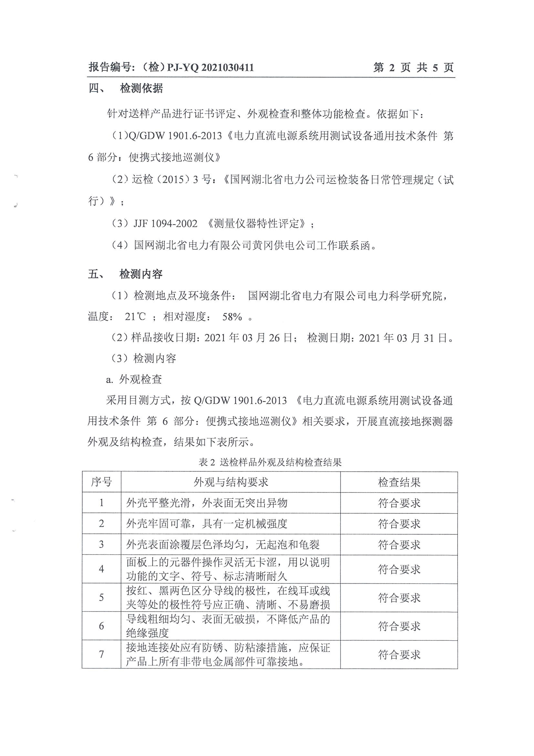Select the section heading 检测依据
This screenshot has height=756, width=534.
(141, 88)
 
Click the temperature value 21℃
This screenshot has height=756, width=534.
(135, 317)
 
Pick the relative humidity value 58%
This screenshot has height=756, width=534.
(232, 317)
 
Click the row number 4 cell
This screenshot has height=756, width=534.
(101, 569)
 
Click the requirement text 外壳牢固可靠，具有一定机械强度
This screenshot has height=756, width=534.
(207, 524)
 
